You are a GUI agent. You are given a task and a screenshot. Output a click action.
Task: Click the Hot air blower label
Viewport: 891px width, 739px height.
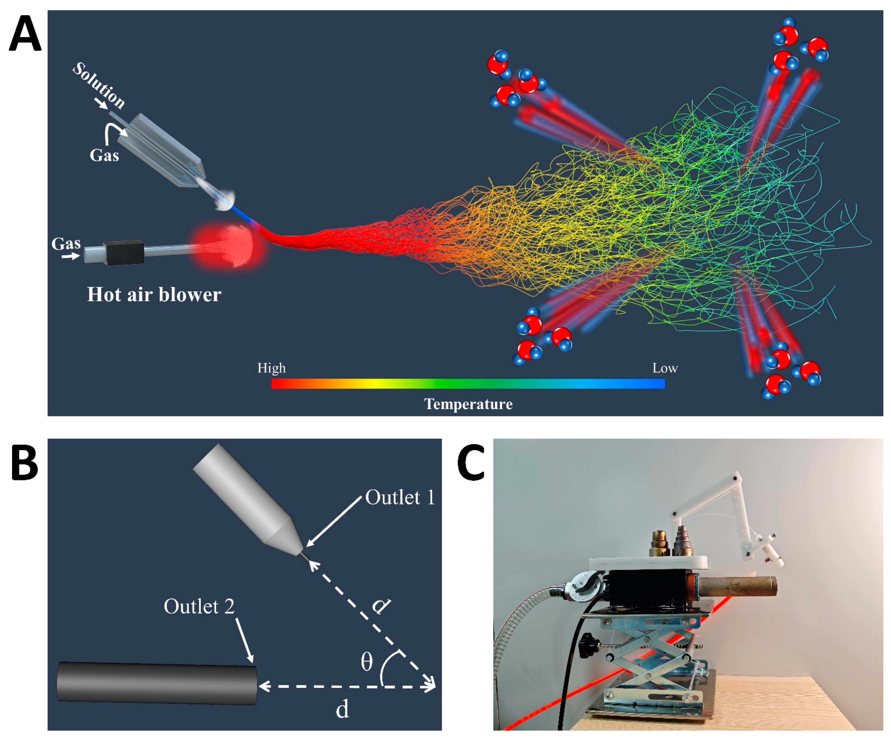point(154,294)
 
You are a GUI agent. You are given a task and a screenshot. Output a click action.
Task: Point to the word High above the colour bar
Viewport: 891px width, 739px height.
point(272,368)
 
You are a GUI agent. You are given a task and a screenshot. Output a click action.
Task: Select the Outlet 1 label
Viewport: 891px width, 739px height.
point(400,497)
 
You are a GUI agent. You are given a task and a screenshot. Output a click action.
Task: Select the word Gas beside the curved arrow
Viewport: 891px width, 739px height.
point(104,155)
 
